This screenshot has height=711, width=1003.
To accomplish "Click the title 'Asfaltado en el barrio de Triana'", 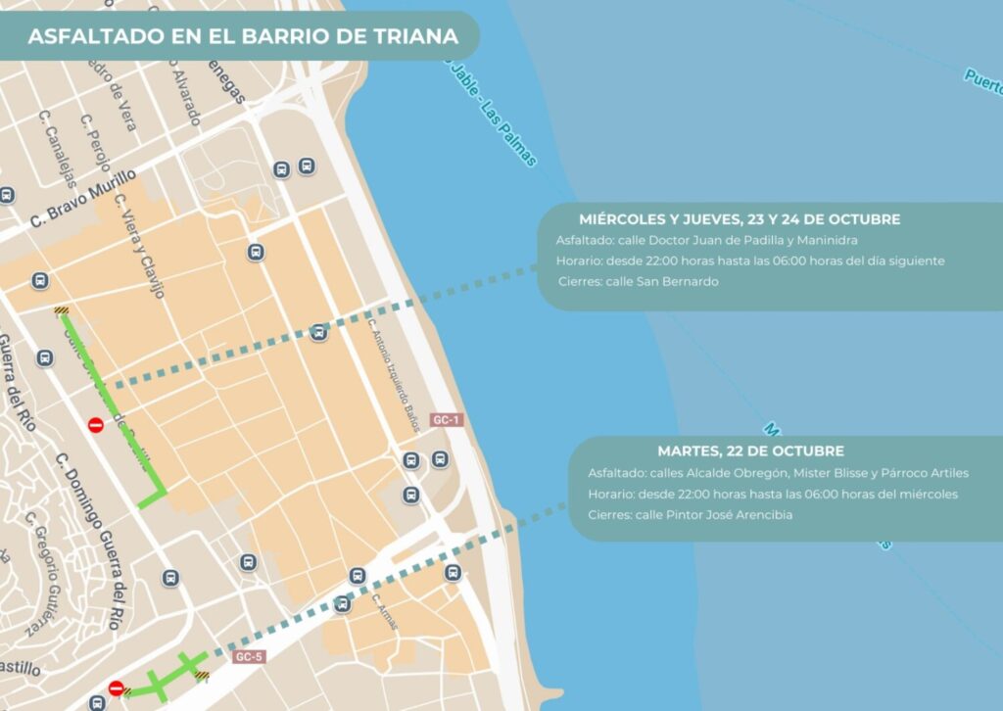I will click(243, 37).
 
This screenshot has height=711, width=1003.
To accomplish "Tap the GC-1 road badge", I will click(447, 420).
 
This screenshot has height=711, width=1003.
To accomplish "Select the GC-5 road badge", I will click(250, 656).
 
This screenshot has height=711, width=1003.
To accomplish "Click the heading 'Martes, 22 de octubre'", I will click(750, 451).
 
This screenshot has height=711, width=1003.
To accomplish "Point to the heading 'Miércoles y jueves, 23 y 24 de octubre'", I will click(739, 219).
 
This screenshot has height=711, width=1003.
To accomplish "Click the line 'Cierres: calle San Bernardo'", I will click(639, 282).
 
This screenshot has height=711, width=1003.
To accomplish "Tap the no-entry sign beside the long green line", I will click(96, 425).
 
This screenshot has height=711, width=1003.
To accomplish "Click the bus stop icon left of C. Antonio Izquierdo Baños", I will click(318, 333).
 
